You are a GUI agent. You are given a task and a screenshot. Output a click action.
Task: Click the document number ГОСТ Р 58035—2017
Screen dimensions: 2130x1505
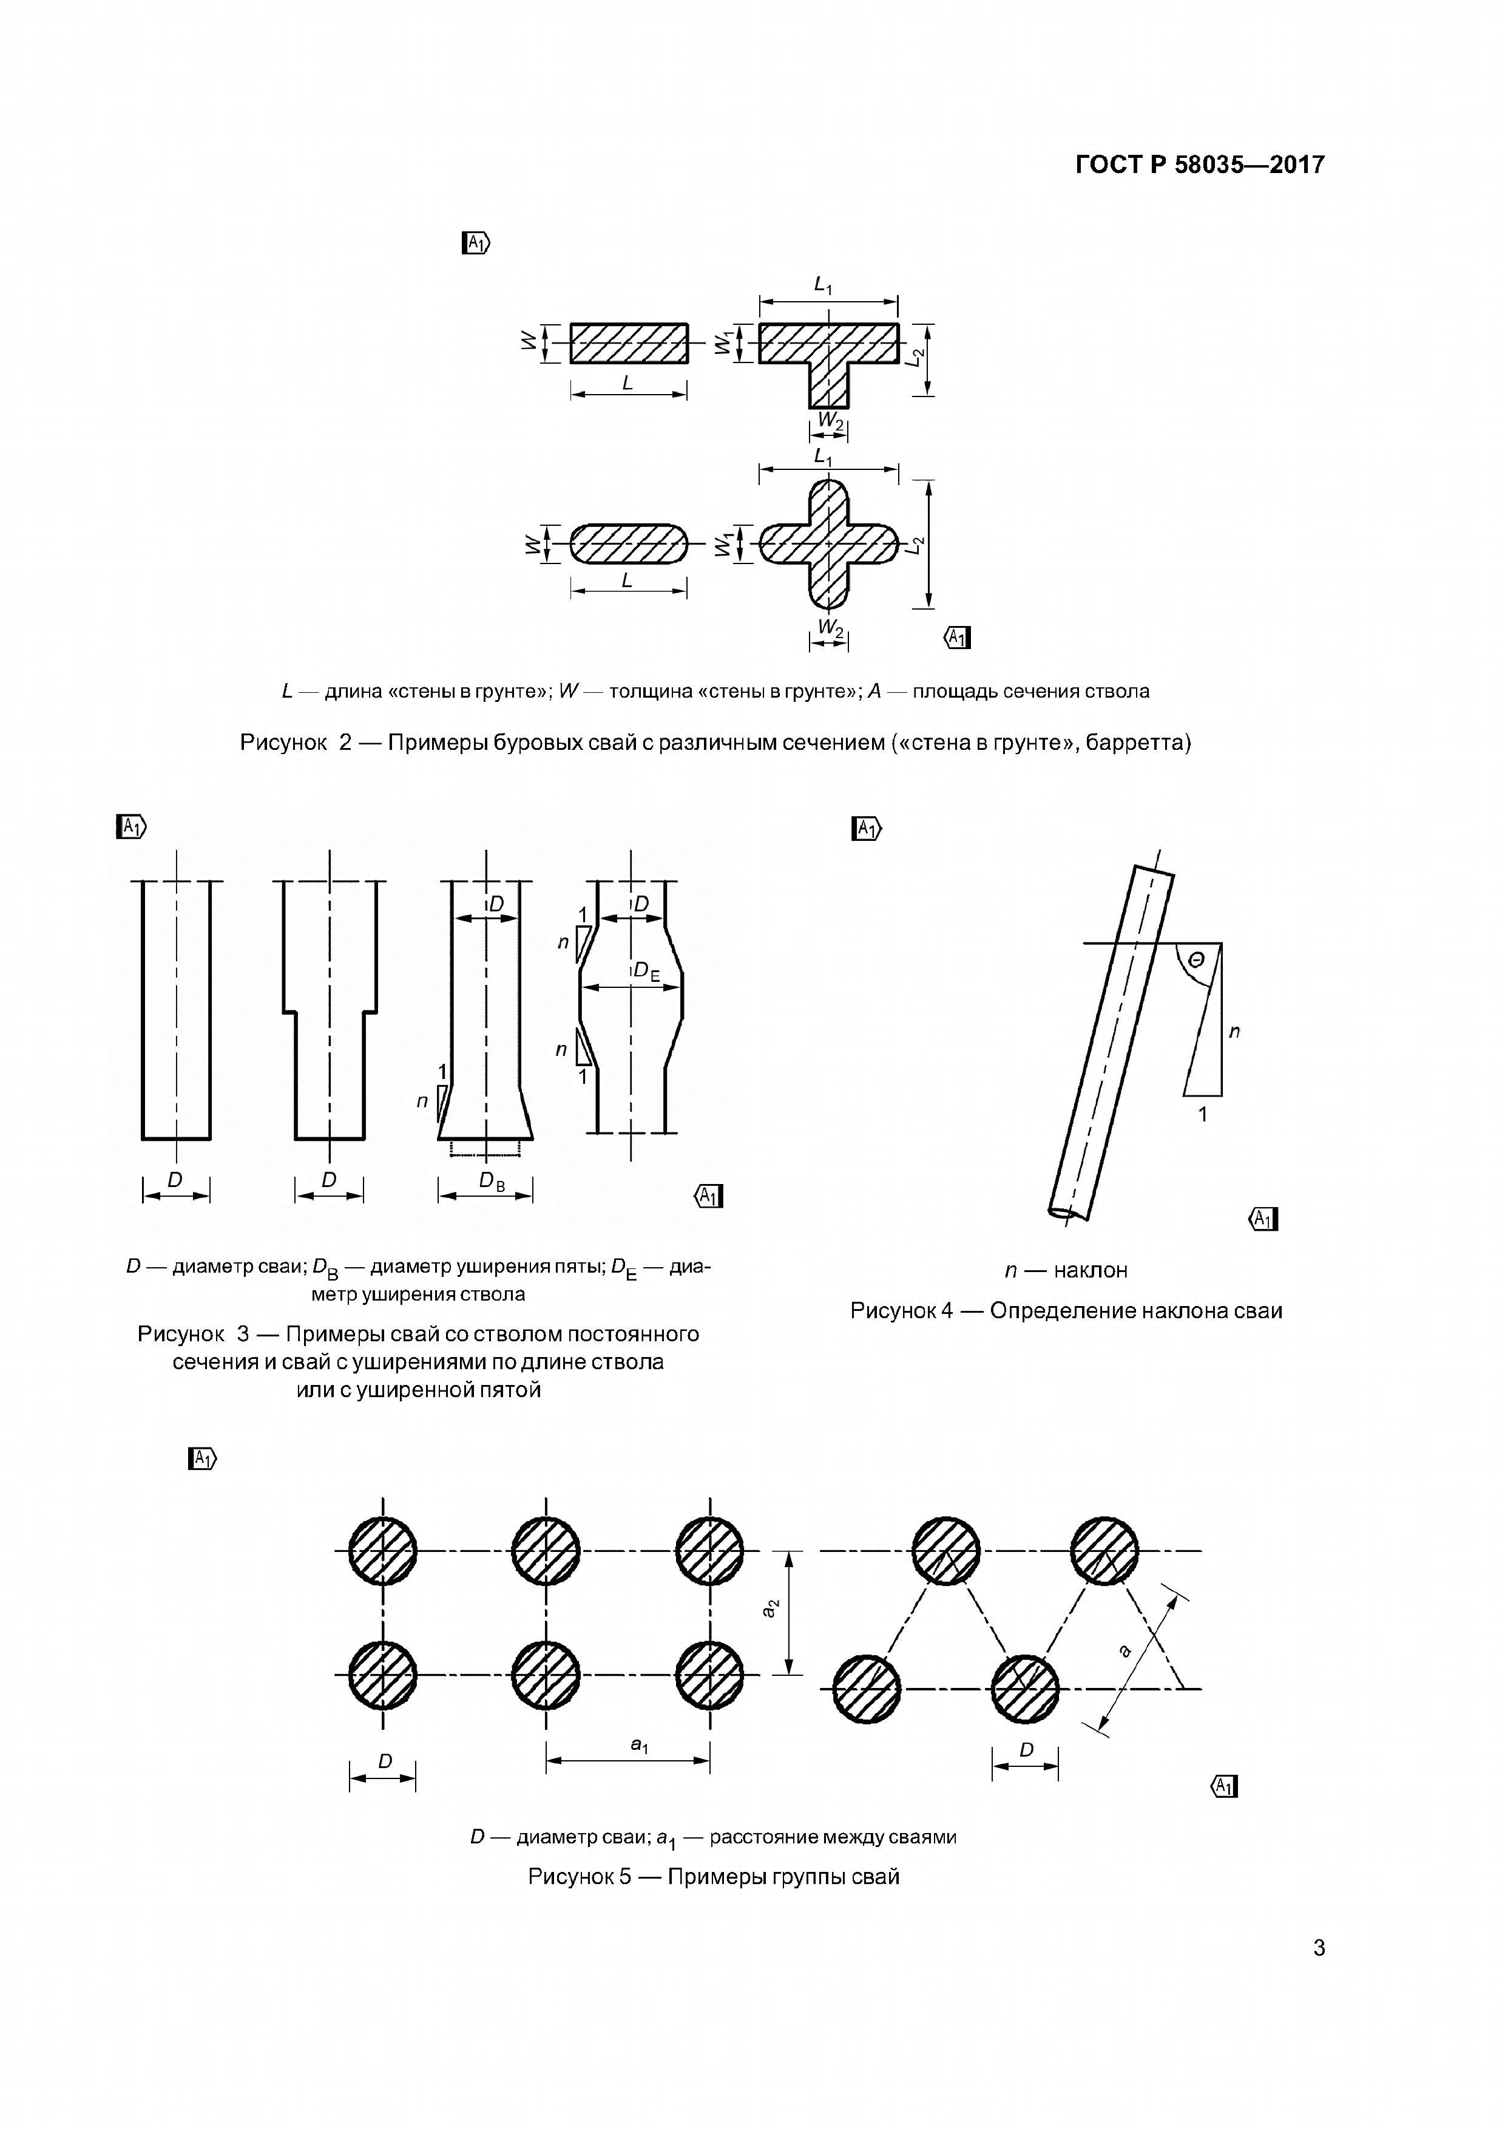(x=1200, y=165)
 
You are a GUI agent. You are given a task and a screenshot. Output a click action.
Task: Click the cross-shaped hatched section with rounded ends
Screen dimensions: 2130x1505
(x=828, y=543)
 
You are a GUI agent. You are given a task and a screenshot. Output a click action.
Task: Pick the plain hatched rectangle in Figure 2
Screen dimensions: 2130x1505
(x=629, y=343)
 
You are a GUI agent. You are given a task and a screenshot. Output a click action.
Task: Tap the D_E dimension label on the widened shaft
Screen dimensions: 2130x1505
(x=646, y=971)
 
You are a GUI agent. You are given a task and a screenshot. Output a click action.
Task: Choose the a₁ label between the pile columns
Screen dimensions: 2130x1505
(x=640, y=1746)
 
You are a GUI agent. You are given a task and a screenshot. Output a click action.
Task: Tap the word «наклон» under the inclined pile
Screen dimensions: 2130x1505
(x=1091, y=1270)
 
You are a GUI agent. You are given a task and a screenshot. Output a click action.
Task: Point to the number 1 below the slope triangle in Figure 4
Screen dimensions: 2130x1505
(x=1203, y=1114)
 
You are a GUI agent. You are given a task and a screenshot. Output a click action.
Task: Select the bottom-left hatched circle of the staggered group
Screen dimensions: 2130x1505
(x=867, y=1689)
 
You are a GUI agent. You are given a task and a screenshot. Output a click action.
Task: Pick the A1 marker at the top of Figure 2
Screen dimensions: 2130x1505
(x=476, y=243)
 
